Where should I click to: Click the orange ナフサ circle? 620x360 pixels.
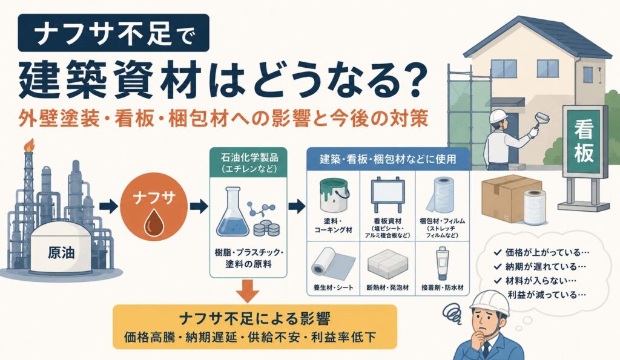click(153, 207)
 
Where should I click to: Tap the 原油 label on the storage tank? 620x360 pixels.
click(61, 252)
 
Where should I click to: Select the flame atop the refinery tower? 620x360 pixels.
click(29, 145)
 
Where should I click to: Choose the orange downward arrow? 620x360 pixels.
click(248, 291)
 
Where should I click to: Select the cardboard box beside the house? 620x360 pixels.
click(510, 198)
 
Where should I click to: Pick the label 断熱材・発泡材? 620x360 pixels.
click(387, 287)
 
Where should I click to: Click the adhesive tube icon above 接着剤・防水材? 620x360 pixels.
click(442, 263)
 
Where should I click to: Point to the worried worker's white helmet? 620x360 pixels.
click(489, 304)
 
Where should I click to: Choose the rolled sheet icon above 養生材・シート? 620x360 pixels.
click(334, 263)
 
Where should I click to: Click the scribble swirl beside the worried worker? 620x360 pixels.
click(453, 313)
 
